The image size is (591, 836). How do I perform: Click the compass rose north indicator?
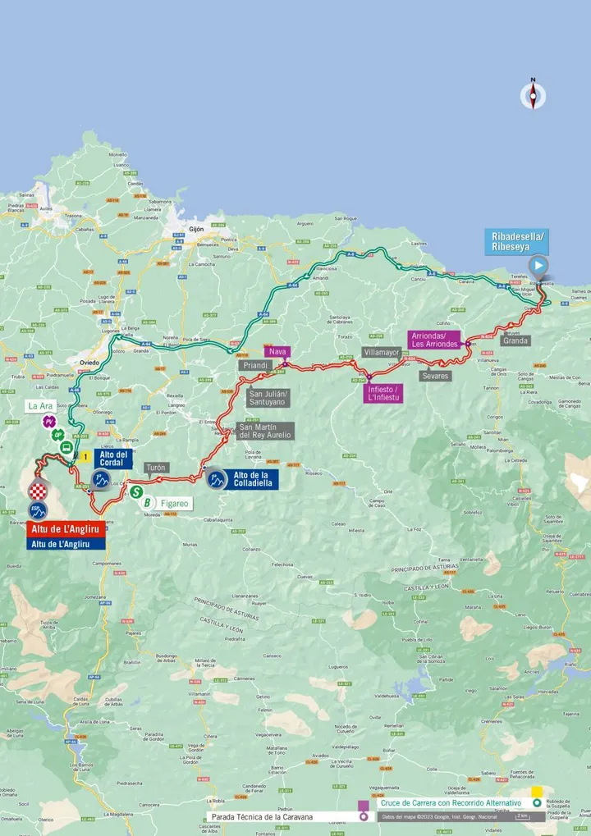(x=533, y=95)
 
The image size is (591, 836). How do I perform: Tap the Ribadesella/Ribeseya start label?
(x=516, y=241)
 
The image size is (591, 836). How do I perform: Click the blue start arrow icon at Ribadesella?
(x=538, y=265)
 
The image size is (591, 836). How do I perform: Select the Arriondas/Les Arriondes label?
(x=434, y=340)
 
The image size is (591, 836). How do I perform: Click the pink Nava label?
(x=277, y=351)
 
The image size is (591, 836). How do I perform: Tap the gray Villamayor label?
(x=381, y=353)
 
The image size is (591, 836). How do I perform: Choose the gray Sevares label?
(x=435, y=376)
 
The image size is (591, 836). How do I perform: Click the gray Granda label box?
(x=515, y=340)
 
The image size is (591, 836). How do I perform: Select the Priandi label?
(x=256, y=365)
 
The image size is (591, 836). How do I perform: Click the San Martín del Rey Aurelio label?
(x=264, y=431)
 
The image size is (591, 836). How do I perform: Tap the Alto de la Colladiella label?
(x=254, y=479)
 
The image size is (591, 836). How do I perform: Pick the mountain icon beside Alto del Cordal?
(x=102, y=478)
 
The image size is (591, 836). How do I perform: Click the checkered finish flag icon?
(x=39, y=491)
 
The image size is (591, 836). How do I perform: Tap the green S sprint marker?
(x=135, y=492)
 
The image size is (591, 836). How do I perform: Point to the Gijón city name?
(x=195, y=230)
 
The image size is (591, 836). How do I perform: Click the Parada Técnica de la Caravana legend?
(x=280, y=816)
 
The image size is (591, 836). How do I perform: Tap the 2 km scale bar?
(x=521, y=816)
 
